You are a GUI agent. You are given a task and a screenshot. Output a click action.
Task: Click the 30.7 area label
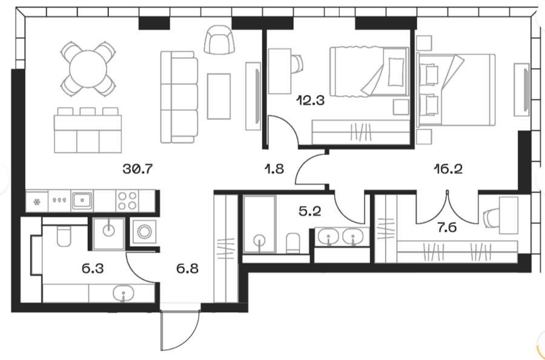(x=138, y=169)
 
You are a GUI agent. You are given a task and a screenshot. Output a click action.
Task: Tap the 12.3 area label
(x=310, y=100)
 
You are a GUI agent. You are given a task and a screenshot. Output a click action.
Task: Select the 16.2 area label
(x=448, y=169)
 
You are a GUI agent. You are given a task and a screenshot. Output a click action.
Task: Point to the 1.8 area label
(x=274, y=169)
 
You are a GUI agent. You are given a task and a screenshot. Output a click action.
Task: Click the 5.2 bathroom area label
(x=310, y=211)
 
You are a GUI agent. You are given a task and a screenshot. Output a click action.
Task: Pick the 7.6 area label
(x=447, y=227)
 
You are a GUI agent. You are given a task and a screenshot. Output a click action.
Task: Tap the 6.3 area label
(x=93, y=269)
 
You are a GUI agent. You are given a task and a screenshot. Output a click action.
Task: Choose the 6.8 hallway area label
(x=187, y=269)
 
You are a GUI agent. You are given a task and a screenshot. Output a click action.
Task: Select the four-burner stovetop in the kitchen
(x=127, y=201)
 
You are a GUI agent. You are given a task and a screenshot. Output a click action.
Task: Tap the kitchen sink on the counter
(x=82, y=201)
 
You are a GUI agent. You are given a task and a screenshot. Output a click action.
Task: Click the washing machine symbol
(x=144, y=231)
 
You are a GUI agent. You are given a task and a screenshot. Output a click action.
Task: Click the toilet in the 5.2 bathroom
(x=292, y=243)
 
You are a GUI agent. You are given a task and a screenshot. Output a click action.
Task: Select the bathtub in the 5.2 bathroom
(x=259, y=224)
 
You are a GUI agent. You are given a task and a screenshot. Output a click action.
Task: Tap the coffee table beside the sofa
(x=219, y=97)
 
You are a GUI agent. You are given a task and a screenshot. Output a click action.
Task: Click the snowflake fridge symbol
(x=37, y=201)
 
